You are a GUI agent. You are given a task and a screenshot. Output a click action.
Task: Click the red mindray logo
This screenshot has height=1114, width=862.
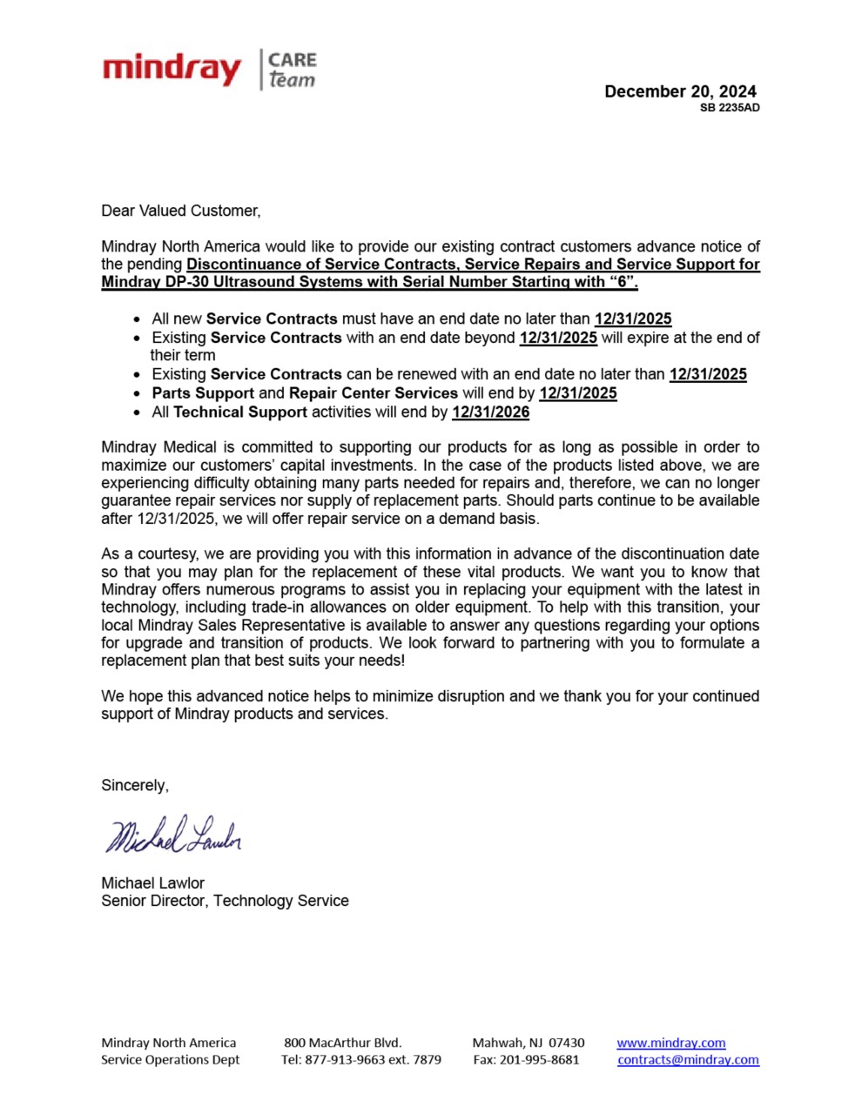[172, 70]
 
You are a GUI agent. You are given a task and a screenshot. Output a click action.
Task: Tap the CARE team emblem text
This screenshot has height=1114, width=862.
[292, 70]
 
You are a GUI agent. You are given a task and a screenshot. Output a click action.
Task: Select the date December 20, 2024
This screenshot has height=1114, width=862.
[680, 91]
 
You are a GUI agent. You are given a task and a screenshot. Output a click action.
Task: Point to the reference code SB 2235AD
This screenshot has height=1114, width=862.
[730, 108]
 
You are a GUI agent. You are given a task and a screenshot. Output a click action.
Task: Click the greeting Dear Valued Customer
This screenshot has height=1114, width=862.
[180, 211]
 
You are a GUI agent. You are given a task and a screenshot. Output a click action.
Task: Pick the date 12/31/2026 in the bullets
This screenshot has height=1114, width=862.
[490, 412]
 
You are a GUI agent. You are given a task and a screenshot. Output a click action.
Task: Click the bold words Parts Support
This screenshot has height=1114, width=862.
[203, 393]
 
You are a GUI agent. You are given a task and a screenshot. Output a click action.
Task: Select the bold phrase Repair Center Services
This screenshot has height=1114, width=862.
[374, 393]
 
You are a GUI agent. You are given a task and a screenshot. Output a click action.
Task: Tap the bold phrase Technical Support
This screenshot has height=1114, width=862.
[240, 412]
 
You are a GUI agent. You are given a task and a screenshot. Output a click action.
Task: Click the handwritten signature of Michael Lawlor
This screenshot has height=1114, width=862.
[173, 835]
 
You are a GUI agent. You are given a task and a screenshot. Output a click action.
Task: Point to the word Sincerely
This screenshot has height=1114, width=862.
[135, 785]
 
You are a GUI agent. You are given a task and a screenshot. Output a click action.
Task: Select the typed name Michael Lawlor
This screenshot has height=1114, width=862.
[152, 882]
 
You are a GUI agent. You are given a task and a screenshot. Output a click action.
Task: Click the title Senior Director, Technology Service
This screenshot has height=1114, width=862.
[225, 901]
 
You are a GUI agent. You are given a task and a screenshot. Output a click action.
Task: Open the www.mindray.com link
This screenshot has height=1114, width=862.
[670, 1043]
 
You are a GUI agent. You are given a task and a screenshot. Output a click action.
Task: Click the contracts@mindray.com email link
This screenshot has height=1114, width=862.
[688, 1059]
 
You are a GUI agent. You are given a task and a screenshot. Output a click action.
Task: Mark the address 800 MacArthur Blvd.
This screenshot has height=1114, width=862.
[342, 1043]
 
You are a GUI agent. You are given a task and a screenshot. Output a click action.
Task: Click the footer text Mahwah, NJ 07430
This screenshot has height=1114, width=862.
[529, 1043]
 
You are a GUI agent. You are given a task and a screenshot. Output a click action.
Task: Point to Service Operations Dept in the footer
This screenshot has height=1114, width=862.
[170, 1059]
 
